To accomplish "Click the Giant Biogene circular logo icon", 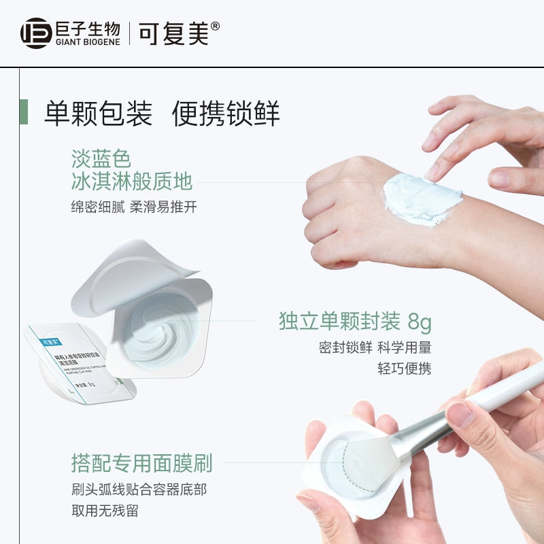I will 36,33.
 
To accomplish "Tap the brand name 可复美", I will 173,33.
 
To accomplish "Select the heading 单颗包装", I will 98,114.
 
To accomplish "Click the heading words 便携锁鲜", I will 226,114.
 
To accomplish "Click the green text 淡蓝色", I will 101,159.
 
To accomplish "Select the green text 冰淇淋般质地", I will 132,182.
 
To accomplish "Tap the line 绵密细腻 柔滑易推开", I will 134,207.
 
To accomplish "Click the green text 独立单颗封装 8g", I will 355,321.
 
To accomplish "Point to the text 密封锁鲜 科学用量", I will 375,347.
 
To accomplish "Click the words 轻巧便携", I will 405,369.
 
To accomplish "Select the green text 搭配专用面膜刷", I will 141,463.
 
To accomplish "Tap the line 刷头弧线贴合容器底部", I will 139,489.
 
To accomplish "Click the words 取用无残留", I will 105,510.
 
